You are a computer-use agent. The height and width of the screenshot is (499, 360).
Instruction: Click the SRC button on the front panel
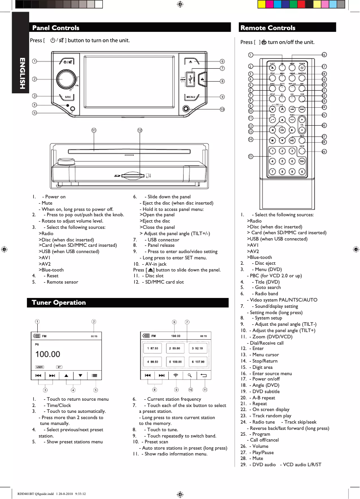point(67,96)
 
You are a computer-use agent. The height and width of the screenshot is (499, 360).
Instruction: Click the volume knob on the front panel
point(66,79)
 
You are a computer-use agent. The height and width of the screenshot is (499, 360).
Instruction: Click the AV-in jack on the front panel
point(186,109)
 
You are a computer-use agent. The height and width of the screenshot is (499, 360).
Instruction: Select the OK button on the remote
point(282,130)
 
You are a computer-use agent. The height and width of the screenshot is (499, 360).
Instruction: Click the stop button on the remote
point(272,140)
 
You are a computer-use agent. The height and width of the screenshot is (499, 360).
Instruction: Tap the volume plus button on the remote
point(302,120)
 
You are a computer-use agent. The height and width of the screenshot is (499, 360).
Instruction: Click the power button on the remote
point(302,68)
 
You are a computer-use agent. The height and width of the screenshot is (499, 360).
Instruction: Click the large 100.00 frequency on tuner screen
point(48,355)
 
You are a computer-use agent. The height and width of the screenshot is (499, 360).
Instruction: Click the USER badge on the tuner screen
point(40,367)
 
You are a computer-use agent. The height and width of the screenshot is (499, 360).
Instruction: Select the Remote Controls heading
point(268,28)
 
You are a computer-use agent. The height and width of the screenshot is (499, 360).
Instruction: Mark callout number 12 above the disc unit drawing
point(140,130)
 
